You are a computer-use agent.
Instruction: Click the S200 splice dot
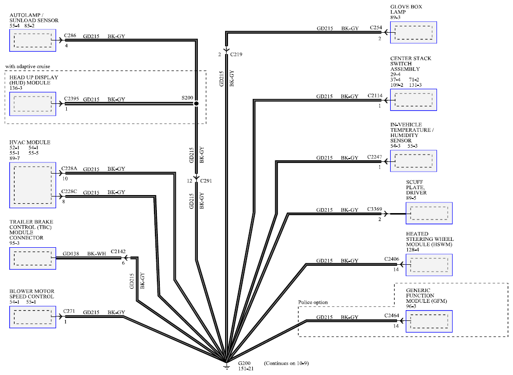[196, 103]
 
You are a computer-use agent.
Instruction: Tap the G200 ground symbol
[227, 366]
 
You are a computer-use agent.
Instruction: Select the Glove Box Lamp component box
[413, 32]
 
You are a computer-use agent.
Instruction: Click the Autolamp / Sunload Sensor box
[33, 40]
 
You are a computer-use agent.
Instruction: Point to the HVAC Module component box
[33, 185]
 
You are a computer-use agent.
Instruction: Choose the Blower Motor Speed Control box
[33, 317]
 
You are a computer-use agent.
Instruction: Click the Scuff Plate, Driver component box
[429, 213]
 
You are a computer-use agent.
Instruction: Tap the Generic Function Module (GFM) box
[429, 321]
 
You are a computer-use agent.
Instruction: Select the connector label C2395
[71, 99]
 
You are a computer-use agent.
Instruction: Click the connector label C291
[206, 181]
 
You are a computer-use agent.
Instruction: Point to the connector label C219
[236, 54]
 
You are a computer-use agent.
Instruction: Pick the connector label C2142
[118, 252]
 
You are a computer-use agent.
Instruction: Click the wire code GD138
[71, 254]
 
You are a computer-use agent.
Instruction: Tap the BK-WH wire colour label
[96, 254]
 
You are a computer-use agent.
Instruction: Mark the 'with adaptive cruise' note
[28, 66]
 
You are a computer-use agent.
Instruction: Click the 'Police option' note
[313, 302]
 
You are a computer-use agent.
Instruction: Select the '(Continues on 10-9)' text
[286, 363]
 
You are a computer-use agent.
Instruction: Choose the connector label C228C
[69, 191]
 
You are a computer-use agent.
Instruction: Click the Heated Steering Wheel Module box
[429, 265]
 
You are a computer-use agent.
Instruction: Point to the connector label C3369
[375, 209]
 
